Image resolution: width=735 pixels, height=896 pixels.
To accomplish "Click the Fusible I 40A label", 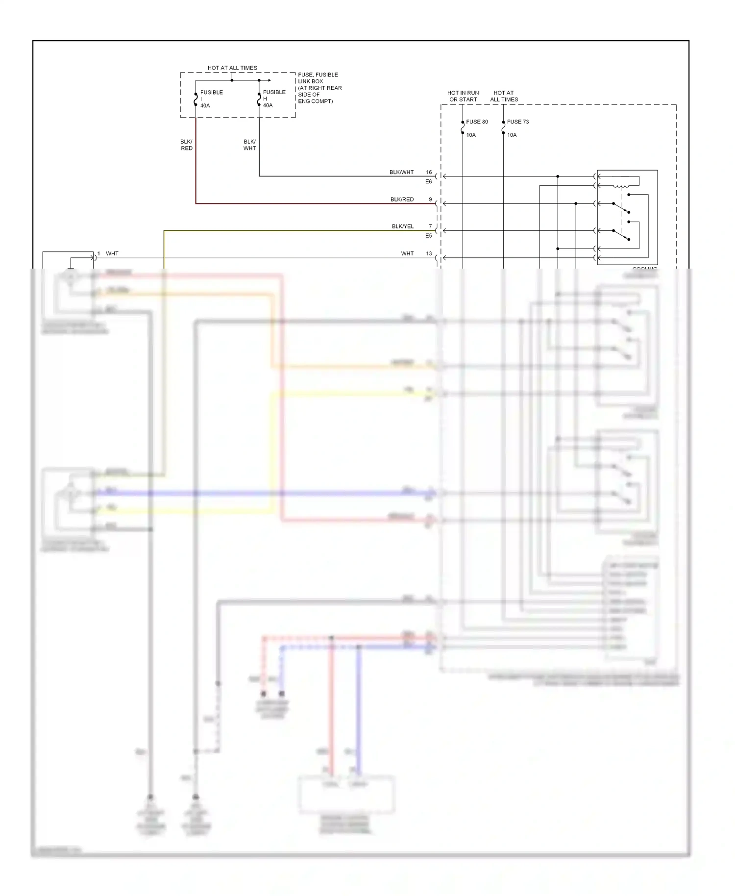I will [x=211, y=99].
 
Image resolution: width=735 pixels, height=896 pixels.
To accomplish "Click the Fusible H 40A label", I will [x=274, y=99].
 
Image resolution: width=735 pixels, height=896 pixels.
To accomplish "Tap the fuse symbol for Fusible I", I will [x=196, y=99].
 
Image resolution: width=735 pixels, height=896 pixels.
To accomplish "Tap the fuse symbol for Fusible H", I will [x=259, y=99].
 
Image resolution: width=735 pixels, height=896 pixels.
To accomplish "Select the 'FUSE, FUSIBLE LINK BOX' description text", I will [x=319, y=88].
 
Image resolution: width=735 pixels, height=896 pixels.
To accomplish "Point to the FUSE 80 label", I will [x=477, y=122].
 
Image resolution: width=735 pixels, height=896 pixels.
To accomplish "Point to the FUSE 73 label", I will [x=518, y=122].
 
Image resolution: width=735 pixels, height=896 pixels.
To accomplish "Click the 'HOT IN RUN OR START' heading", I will [x=463, y=96].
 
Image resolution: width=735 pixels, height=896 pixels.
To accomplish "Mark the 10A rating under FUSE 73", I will [x=512, y=135].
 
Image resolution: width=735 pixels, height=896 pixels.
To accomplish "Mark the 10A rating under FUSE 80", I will [x=471, y=135].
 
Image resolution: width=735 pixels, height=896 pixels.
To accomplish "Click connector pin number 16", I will [x=429, y=173].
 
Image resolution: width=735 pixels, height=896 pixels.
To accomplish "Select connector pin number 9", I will [x=430, y=199].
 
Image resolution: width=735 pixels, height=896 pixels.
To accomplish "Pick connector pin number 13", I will [x=429, y=254].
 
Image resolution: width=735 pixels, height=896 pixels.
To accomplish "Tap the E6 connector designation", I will [x=428, y=182].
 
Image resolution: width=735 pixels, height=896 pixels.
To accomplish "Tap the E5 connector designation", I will [x=428, y=236].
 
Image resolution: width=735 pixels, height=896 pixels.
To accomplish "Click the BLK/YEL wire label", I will [x=403, y=226].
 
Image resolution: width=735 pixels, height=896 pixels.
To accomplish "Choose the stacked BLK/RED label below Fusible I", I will [x=186, y=145].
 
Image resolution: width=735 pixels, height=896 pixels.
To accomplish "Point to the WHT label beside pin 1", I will [x=112, y=254].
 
